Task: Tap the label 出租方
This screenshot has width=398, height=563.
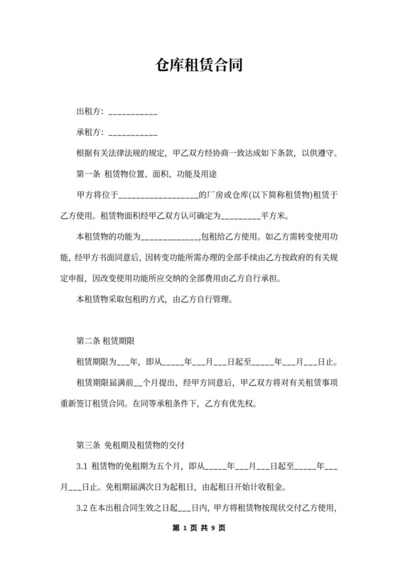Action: pyautogui.click(x=89, y=112)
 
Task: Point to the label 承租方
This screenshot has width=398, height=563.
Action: pyautogui.click(x=89, y=132)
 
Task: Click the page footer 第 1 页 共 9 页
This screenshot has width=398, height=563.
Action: pyautogui.click(x=199, y=528)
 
